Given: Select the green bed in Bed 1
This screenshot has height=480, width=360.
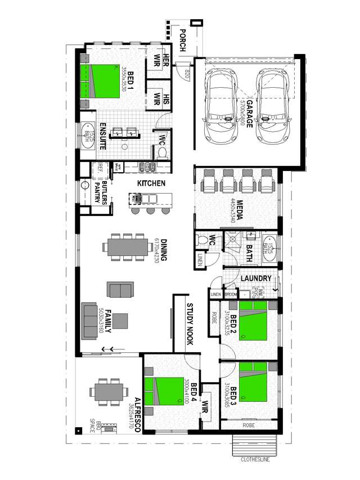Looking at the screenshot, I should tap(102, 82).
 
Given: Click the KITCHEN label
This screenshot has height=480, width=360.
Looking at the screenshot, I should tap(150, 183).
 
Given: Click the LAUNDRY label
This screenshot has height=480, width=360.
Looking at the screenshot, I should tap(256, 279).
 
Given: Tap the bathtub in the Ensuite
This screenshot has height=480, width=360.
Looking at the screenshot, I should tap(88, 136).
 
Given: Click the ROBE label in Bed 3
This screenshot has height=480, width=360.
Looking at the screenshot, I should tap(249, 426).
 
